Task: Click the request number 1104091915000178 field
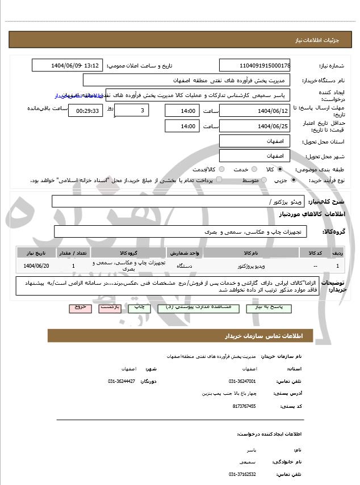coord(254,65)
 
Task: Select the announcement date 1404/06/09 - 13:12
coord(68,65)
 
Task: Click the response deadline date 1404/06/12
coord(254,110)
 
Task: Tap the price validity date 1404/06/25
coord(254,126)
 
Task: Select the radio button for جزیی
coord(293,180)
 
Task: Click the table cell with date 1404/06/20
coord(37,265)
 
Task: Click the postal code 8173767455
coord(244,406)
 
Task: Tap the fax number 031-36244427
coord(122,381)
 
